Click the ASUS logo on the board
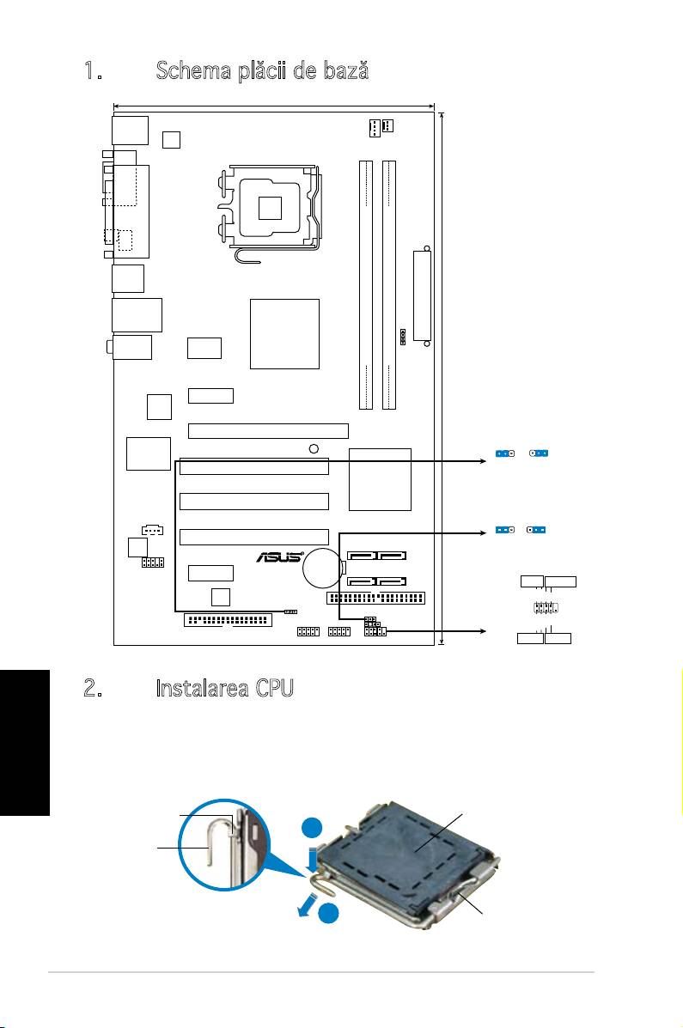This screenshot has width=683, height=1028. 279,557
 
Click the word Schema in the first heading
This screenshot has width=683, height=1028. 193,70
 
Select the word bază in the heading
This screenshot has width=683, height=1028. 345,70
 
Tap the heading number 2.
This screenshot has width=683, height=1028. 93,688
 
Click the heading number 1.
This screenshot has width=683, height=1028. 93,70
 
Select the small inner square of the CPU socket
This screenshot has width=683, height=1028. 270,207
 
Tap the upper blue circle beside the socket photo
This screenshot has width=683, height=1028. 312,827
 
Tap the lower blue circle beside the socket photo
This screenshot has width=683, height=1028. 330,915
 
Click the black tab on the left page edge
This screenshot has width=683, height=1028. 25,742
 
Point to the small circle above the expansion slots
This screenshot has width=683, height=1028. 314,448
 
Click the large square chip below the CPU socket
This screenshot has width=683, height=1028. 284,334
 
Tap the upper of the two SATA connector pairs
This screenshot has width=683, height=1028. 376,556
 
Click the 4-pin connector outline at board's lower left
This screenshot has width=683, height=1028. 152,530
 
